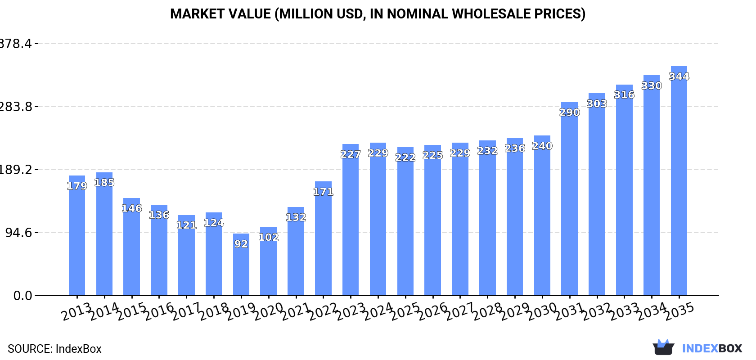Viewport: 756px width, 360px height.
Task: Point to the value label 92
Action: coord(241,244)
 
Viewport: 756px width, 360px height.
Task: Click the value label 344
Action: coord(679,76)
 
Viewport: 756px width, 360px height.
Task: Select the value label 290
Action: coord(569,112)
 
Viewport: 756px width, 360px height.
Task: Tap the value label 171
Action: coord(323,192)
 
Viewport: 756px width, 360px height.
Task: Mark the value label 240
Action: coord(542,146)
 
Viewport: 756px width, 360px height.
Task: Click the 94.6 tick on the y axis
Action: coord(19,233)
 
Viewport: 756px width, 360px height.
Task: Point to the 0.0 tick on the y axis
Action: coord(22,296)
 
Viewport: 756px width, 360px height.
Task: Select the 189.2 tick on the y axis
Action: coord(16,170)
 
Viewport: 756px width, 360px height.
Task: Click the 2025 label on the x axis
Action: coord(405,311)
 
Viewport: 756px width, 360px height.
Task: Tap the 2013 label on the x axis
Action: coord(76,311)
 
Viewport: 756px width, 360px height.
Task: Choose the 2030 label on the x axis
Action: coord(542,311)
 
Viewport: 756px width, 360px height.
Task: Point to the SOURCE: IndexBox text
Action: coord(54,349)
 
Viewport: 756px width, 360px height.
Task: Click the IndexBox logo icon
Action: coord(663,347)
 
